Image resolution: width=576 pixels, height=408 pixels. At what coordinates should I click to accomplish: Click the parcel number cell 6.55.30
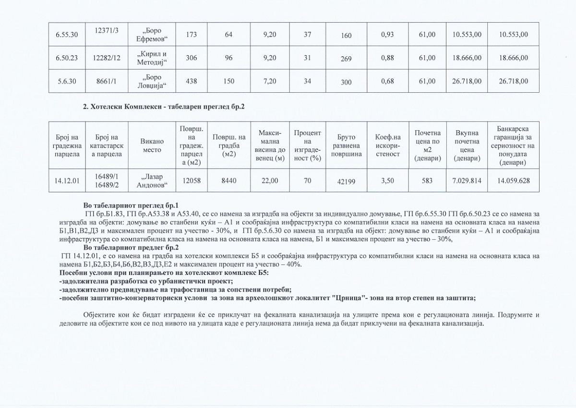(67, 35)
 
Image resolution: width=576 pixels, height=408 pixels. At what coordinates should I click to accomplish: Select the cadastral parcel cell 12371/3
(107, 31)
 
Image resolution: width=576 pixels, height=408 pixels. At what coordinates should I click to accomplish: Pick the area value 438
(192, 81)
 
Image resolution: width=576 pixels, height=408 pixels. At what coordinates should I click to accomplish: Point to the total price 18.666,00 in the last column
(514, 58)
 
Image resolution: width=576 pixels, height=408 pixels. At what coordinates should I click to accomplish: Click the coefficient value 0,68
(387, 81)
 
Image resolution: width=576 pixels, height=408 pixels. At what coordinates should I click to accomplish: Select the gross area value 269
(346, 59)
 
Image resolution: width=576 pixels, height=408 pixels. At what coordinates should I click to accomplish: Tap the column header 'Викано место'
(152, 146)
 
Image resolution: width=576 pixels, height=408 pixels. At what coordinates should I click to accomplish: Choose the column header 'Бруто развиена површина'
(346, 146)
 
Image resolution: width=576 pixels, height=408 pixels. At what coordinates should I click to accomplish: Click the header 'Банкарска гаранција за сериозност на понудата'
(513, 146)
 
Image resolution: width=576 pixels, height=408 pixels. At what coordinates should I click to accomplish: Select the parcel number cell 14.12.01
(67, 181)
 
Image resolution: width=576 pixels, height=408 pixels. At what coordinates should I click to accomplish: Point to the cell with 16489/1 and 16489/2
(107, 181)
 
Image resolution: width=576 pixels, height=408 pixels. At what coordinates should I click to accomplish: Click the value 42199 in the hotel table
(346, 182)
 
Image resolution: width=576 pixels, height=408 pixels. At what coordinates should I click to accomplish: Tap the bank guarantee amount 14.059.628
(513, 181)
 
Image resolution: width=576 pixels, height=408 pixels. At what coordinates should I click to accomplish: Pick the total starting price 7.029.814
(467, 181)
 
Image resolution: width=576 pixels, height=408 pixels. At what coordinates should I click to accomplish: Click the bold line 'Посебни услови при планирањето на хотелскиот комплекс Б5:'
(164, 273)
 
